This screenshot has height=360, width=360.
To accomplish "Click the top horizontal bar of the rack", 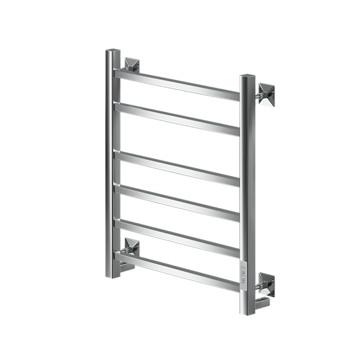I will pyautogui.click(x=177, y=81).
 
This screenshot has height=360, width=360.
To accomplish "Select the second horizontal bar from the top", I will pyautogui.click(x=177, y=117).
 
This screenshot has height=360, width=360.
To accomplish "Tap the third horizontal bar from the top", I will pyautogui.click(x=177, y=166).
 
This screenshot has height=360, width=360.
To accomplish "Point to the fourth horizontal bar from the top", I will pyautogui.click(x=177, y=201).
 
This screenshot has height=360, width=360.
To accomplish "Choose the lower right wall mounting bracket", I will pyautogui.click(x=267, y=283).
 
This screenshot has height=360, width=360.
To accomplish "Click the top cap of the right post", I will pyautogui.click(x=247, y=77).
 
